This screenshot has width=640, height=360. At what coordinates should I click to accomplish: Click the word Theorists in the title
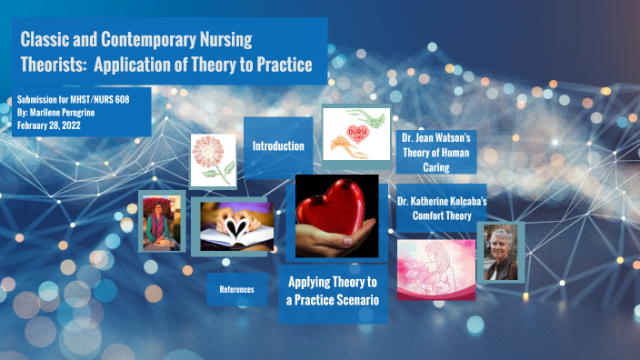point(52,65)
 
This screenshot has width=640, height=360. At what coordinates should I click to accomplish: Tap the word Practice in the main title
point(279,65)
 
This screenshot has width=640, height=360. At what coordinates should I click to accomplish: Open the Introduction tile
point(277,145)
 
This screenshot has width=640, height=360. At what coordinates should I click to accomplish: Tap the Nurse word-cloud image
point(355,134)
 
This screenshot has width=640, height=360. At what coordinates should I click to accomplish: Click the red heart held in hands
point(330,216)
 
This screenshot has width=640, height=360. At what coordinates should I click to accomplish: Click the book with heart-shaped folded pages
point(234,225)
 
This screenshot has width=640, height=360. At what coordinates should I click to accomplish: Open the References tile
point(236,290)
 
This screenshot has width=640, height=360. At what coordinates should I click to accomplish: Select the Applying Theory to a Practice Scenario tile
point(332,290)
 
